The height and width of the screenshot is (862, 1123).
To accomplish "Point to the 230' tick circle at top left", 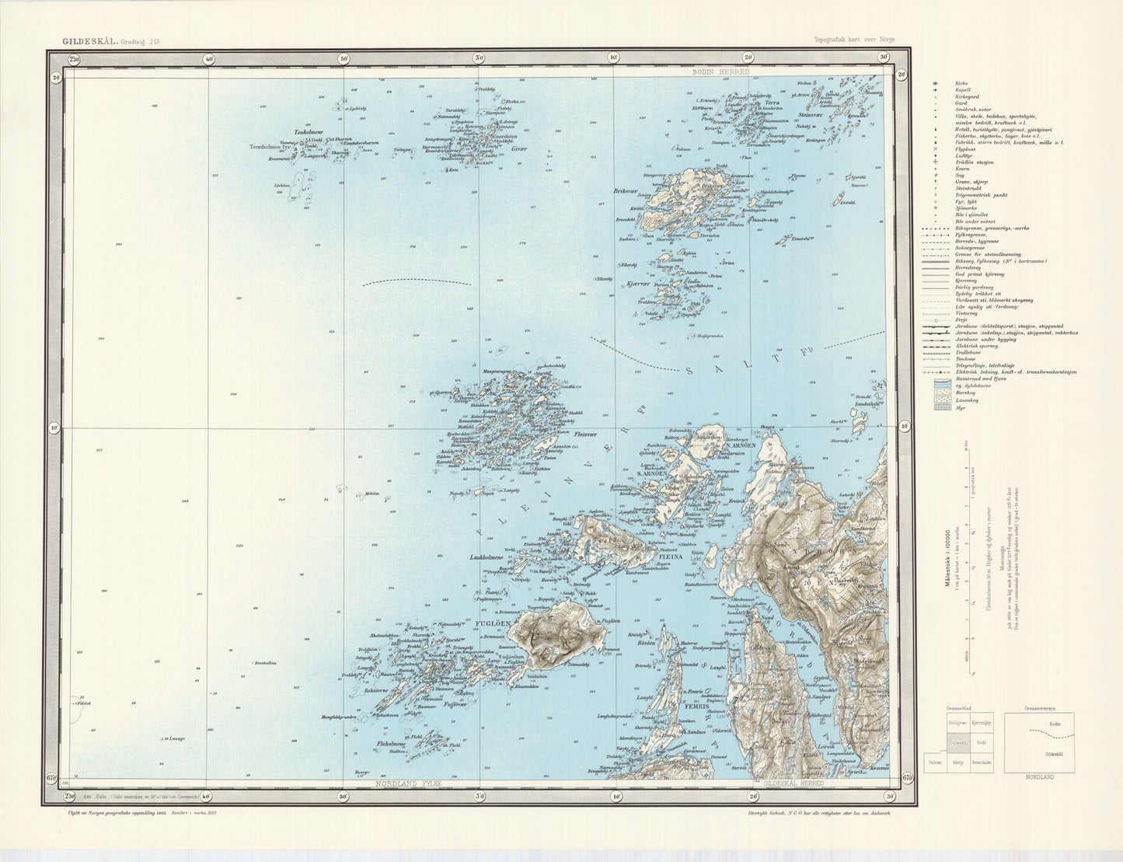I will tap(75, 58).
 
